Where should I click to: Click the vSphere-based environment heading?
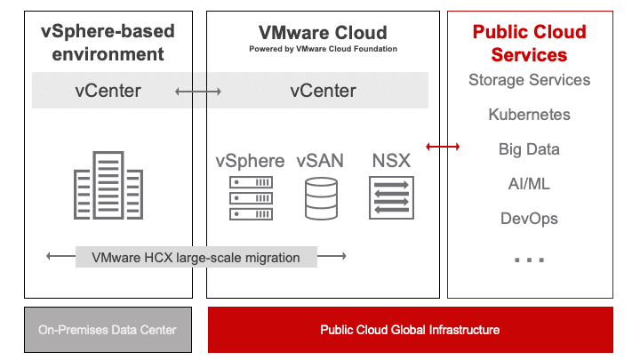[x=108, y=43]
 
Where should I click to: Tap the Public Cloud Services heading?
[x=529, y=44]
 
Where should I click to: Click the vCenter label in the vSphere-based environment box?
[x=108, y=91]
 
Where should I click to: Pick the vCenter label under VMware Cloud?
[x=323, y=91]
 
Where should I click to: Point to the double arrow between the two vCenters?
[x=197, y=91]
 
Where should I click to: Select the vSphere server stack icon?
[x=250, y=197]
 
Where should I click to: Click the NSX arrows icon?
[x=391, y=196]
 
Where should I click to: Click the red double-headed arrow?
[x=443, y=147]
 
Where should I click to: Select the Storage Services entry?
[x=529, y=80]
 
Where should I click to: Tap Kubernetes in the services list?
[x=529, y=115]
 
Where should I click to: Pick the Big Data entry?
[x=529, y=149]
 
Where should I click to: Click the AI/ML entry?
[x=529, y=184]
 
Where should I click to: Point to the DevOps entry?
[x=529, y=219]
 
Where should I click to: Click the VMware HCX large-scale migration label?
[x=196, y=258]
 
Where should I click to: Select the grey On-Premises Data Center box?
[x=108, y=330]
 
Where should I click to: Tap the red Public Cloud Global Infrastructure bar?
[x=410, y=330]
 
